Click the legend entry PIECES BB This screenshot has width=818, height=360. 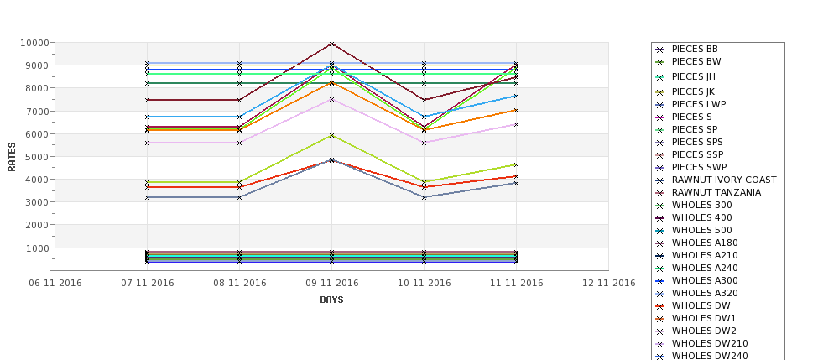(695, 50)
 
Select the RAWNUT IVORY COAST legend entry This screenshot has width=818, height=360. (724, 180)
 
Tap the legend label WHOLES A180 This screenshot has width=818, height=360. (705, 243)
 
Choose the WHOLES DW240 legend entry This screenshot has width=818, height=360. (710, 356)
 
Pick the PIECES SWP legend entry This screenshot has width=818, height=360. (700, 167)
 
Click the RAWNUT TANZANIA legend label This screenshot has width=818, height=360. (716, 192)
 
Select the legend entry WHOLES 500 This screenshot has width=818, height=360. (701, 230)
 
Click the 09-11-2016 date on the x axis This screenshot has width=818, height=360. (331, 283)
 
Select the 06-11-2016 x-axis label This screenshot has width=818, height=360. (55, 283)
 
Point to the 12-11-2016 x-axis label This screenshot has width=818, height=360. (608, 283)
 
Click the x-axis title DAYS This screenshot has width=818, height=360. (331, 300)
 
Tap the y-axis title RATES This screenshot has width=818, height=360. (13, 156)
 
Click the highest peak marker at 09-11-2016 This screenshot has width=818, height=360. (331, 44)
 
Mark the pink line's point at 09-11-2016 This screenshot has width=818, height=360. (331, 99)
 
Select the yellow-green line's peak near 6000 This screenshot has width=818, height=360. (331, 135)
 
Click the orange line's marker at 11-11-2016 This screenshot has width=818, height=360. (516, 110)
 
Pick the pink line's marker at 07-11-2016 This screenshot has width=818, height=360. (147, 143)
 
